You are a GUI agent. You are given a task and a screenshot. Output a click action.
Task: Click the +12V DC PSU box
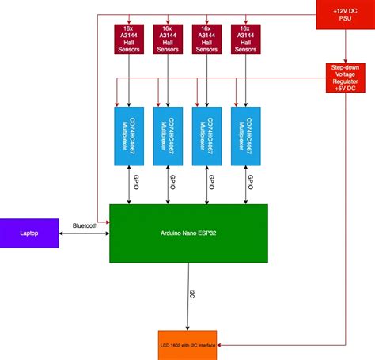346,13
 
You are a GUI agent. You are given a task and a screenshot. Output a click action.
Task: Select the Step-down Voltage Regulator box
346,78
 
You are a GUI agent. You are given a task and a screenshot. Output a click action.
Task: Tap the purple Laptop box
29,233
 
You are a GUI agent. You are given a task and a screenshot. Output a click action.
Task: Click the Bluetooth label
85,226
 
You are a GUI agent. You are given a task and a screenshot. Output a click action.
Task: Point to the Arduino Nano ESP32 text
187,233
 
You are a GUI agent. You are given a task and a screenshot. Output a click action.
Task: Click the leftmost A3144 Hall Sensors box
127,40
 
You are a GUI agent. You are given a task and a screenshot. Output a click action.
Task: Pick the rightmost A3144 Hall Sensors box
247,40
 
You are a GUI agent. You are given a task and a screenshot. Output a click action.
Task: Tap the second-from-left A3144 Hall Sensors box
167,40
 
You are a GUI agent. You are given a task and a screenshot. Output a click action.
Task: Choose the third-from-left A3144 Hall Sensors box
207,40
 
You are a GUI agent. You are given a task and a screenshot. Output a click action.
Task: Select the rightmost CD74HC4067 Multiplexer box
247,135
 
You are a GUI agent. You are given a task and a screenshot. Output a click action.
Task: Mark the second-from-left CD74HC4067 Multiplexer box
167,135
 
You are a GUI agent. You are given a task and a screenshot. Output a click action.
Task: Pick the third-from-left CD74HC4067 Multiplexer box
207,135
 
